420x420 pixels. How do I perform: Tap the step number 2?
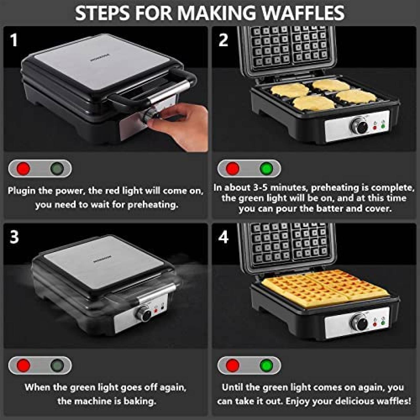[x=223, y=40]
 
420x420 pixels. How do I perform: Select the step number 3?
[x=14, y=237]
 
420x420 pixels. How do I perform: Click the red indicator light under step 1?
[x=23, y=168]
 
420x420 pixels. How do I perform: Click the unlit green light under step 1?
[x=57, y=168]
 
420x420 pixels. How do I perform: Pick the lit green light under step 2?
[x=266, y=168]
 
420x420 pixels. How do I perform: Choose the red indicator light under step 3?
[x=23, y=365]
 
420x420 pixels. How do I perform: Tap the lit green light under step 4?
[x=266, y=365]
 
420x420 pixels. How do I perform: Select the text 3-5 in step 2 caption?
[x=259, y=187]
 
